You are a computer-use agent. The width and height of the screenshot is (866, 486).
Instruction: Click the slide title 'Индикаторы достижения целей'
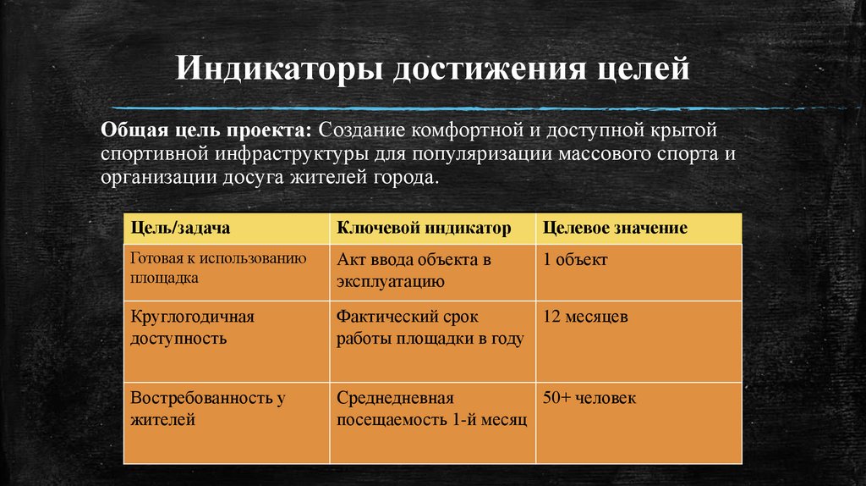coord(432,68)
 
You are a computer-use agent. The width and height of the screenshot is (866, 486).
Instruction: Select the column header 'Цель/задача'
coord(181,229)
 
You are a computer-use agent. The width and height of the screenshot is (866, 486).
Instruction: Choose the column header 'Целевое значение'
coord(615,229)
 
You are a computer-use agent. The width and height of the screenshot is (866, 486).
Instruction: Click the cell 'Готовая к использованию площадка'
coord(218,268)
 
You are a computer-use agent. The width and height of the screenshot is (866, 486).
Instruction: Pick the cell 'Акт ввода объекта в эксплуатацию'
coord(414,270)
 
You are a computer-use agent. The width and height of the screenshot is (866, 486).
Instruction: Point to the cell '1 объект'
coord(575,260)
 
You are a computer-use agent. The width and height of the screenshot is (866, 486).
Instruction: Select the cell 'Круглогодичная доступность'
coord(193,327)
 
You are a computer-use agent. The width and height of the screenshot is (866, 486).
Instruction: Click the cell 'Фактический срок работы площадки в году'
coord(430,327)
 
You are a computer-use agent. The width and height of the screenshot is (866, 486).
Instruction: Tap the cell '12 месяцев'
coord(585,318)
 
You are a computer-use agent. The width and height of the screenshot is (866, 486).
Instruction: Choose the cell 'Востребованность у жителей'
coord(207,408)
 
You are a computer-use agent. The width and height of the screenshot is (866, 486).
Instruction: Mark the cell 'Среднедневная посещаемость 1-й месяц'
coord(431,408)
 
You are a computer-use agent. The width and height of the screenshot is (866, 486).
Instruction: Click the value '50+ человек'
coord(590,398)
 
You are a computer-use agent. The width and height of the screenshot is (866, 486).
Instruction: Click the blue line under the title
coord(474,108)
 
